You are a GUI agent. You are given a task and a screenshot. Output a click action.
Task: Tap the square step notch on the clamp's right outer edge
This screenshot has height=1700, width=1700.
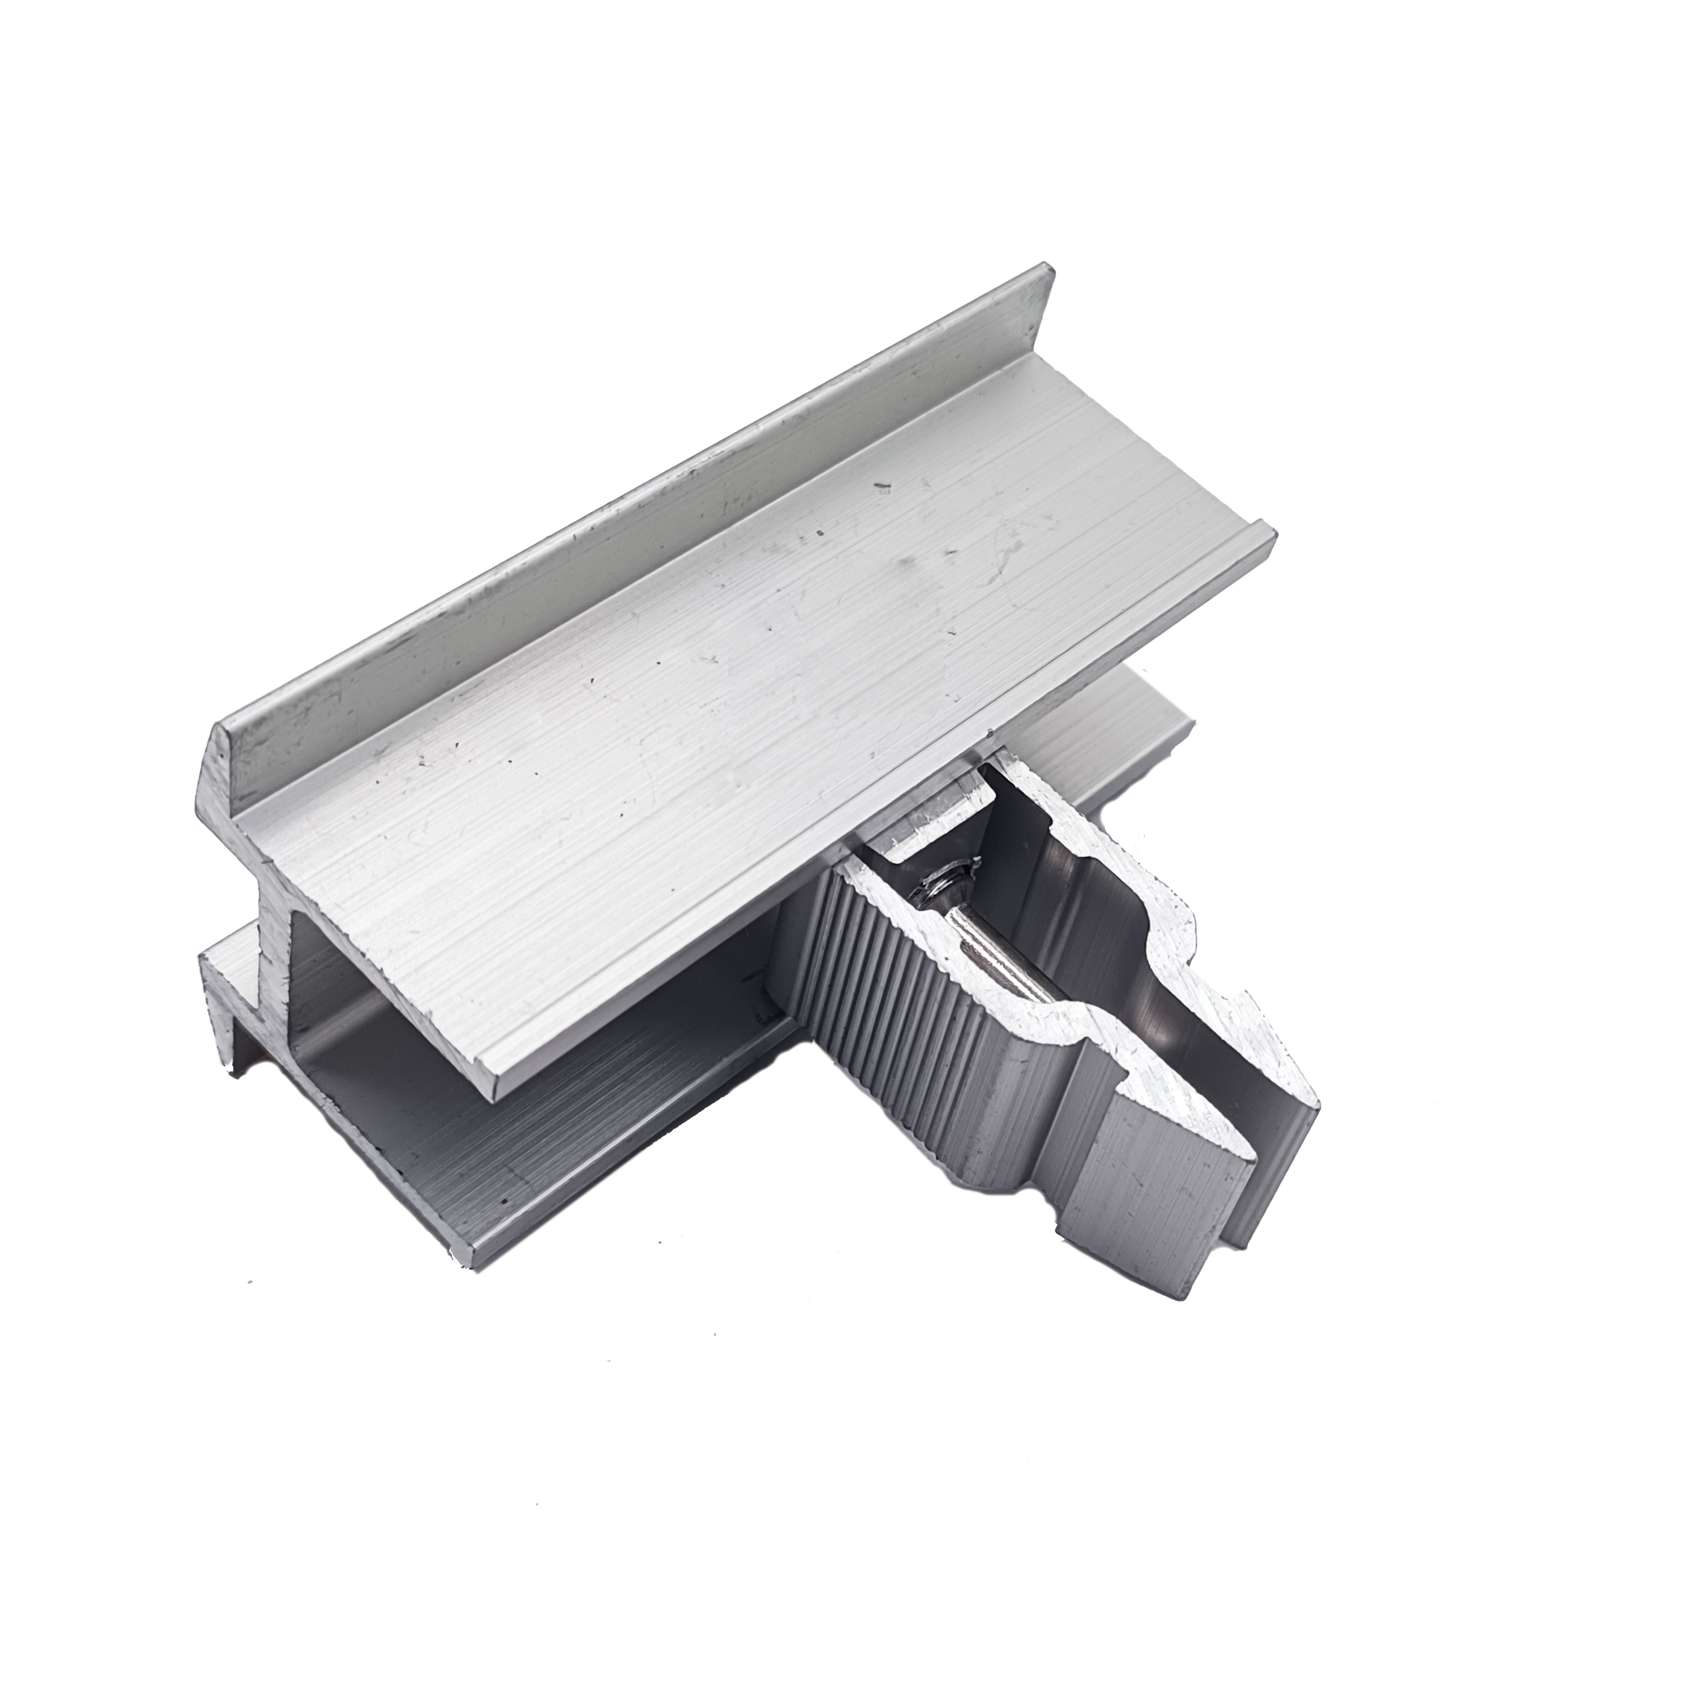(1241, 1007)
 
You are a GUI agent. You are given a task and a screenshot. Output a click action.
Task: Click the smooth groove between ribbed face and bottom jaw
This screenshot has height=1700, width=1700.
(1069, 1135)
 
